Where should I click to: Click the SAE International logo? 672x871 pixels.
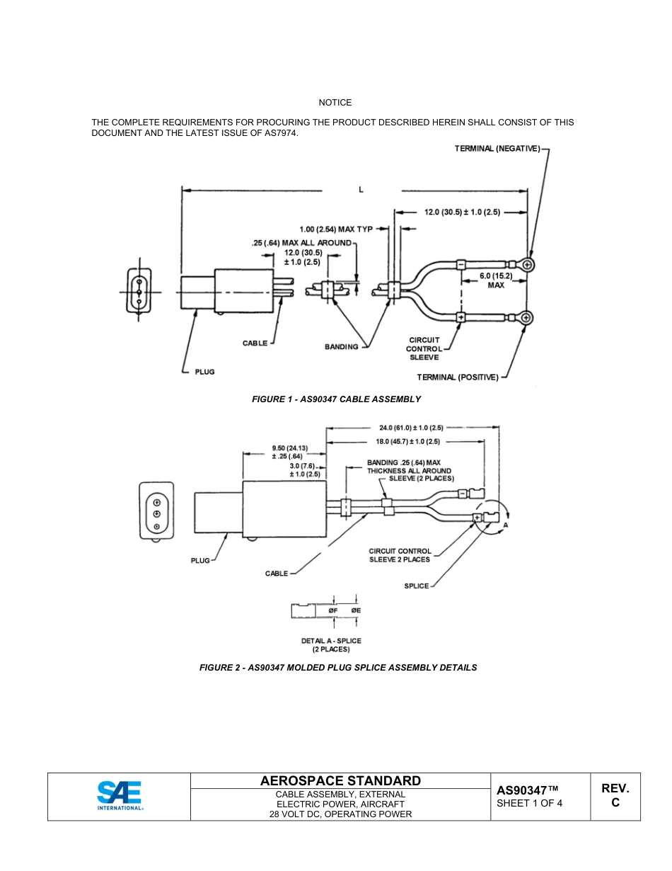119,796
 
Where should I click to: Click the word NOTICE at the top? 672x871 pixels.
335,103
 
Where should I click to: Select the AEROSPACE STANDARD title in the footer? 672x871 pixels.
340,781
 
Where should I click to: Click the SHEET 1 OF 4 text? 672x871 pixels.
530,804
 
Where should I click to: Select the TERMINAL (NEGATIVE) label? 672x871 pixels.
497,149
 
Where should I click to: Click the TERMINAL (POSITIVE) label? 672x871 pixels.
457,377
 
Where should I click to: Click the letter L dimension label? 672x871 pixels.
361,190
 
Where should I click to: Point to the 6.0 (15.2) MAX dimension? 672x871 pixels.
495,280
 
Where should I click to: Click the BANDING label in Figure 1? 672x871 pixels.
342,347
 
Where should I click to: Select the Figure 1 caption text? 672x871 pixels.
336,399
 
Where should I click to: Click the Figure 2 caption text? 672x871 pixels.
337,668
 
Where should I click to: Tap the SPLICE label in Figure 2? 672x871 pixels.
417,586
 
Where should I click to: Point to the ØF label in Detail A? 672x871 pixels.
332,610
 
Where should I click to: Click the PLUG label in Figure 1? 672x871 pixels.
204,372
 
